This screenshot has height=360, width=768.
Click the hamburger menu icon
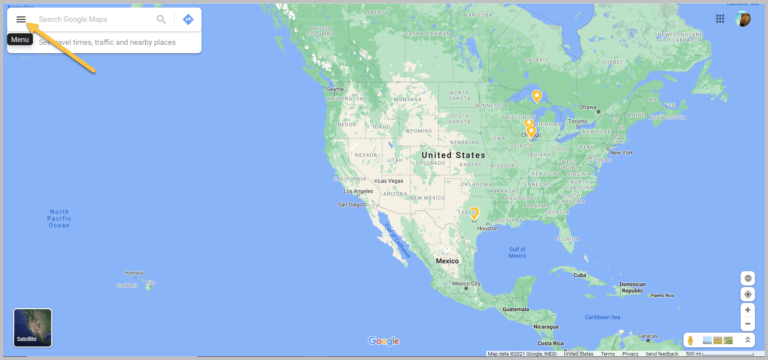(21, 20)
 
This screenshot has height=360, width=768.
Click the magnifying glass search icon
(162, 20)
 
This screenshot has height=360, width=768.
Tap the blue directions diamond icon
(188, 20)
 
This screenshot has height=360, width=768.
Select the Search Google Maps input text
(90, 20)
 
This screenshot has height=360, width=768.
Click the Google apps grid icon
(720, 19)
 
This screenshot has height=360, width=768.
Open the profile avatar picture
(743, 19)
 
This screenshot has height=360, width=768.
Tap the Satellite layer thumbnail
(32, 328)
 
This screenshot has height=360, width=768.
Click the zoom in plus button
(747, 310)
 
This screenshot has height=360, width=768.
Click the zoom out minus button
(747, 324)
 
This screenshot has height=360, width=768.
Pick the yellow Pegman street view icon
(690, 341)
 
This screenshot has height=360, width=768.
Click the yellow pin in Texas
(475, 213)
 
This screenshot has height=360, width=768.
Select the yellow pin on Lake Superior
(537, 96)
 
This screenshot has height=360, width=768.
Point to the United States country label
(453, 156)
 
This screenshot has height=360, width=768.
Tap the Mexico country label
(447, 261)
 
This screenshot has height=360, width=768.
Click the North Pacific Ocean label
(60, 218)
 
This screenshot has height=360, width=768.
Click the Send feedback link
(662, 354)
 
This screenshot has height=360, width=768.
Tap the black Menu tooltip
(20, 39)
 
